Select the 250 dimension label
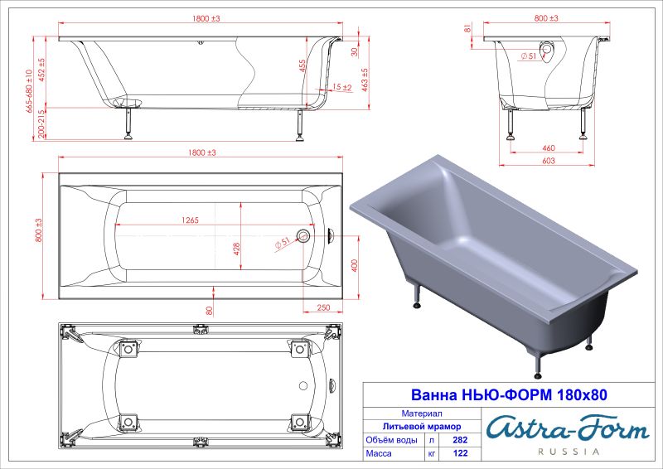(x=322, y=308)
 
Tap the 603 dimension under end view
(x=548, y=161)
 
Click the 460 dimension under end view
(x=548, y=147)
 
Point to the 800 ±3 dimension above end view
(x=547, y=17)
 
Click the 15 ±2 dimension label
(x=341, y=87)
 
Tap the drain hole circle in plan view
(x=303, y=237)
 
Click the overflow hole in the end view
(x=548, y=50)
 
